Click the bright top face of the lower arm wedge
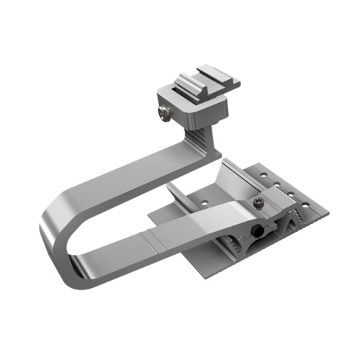(216, 212)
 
